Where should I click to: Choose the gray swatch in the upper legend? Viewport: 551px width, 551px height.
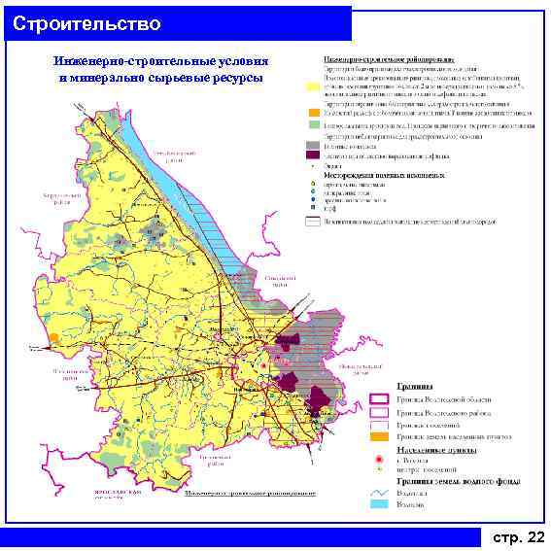coord(313,145)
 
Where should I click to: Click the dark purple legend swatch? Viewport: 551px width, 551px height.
coord(313,155)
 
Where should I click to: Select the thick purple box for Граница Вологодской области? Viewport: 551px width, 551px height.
coord(379,399)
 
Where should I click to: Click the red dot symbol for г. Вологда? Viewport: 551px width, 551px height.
coord(379,458)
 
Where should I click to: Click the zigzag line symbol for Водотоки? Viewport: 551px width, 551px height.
coord(379,493)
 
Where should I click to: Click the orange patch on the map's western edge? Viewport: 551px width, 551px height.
coord(52,337)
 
